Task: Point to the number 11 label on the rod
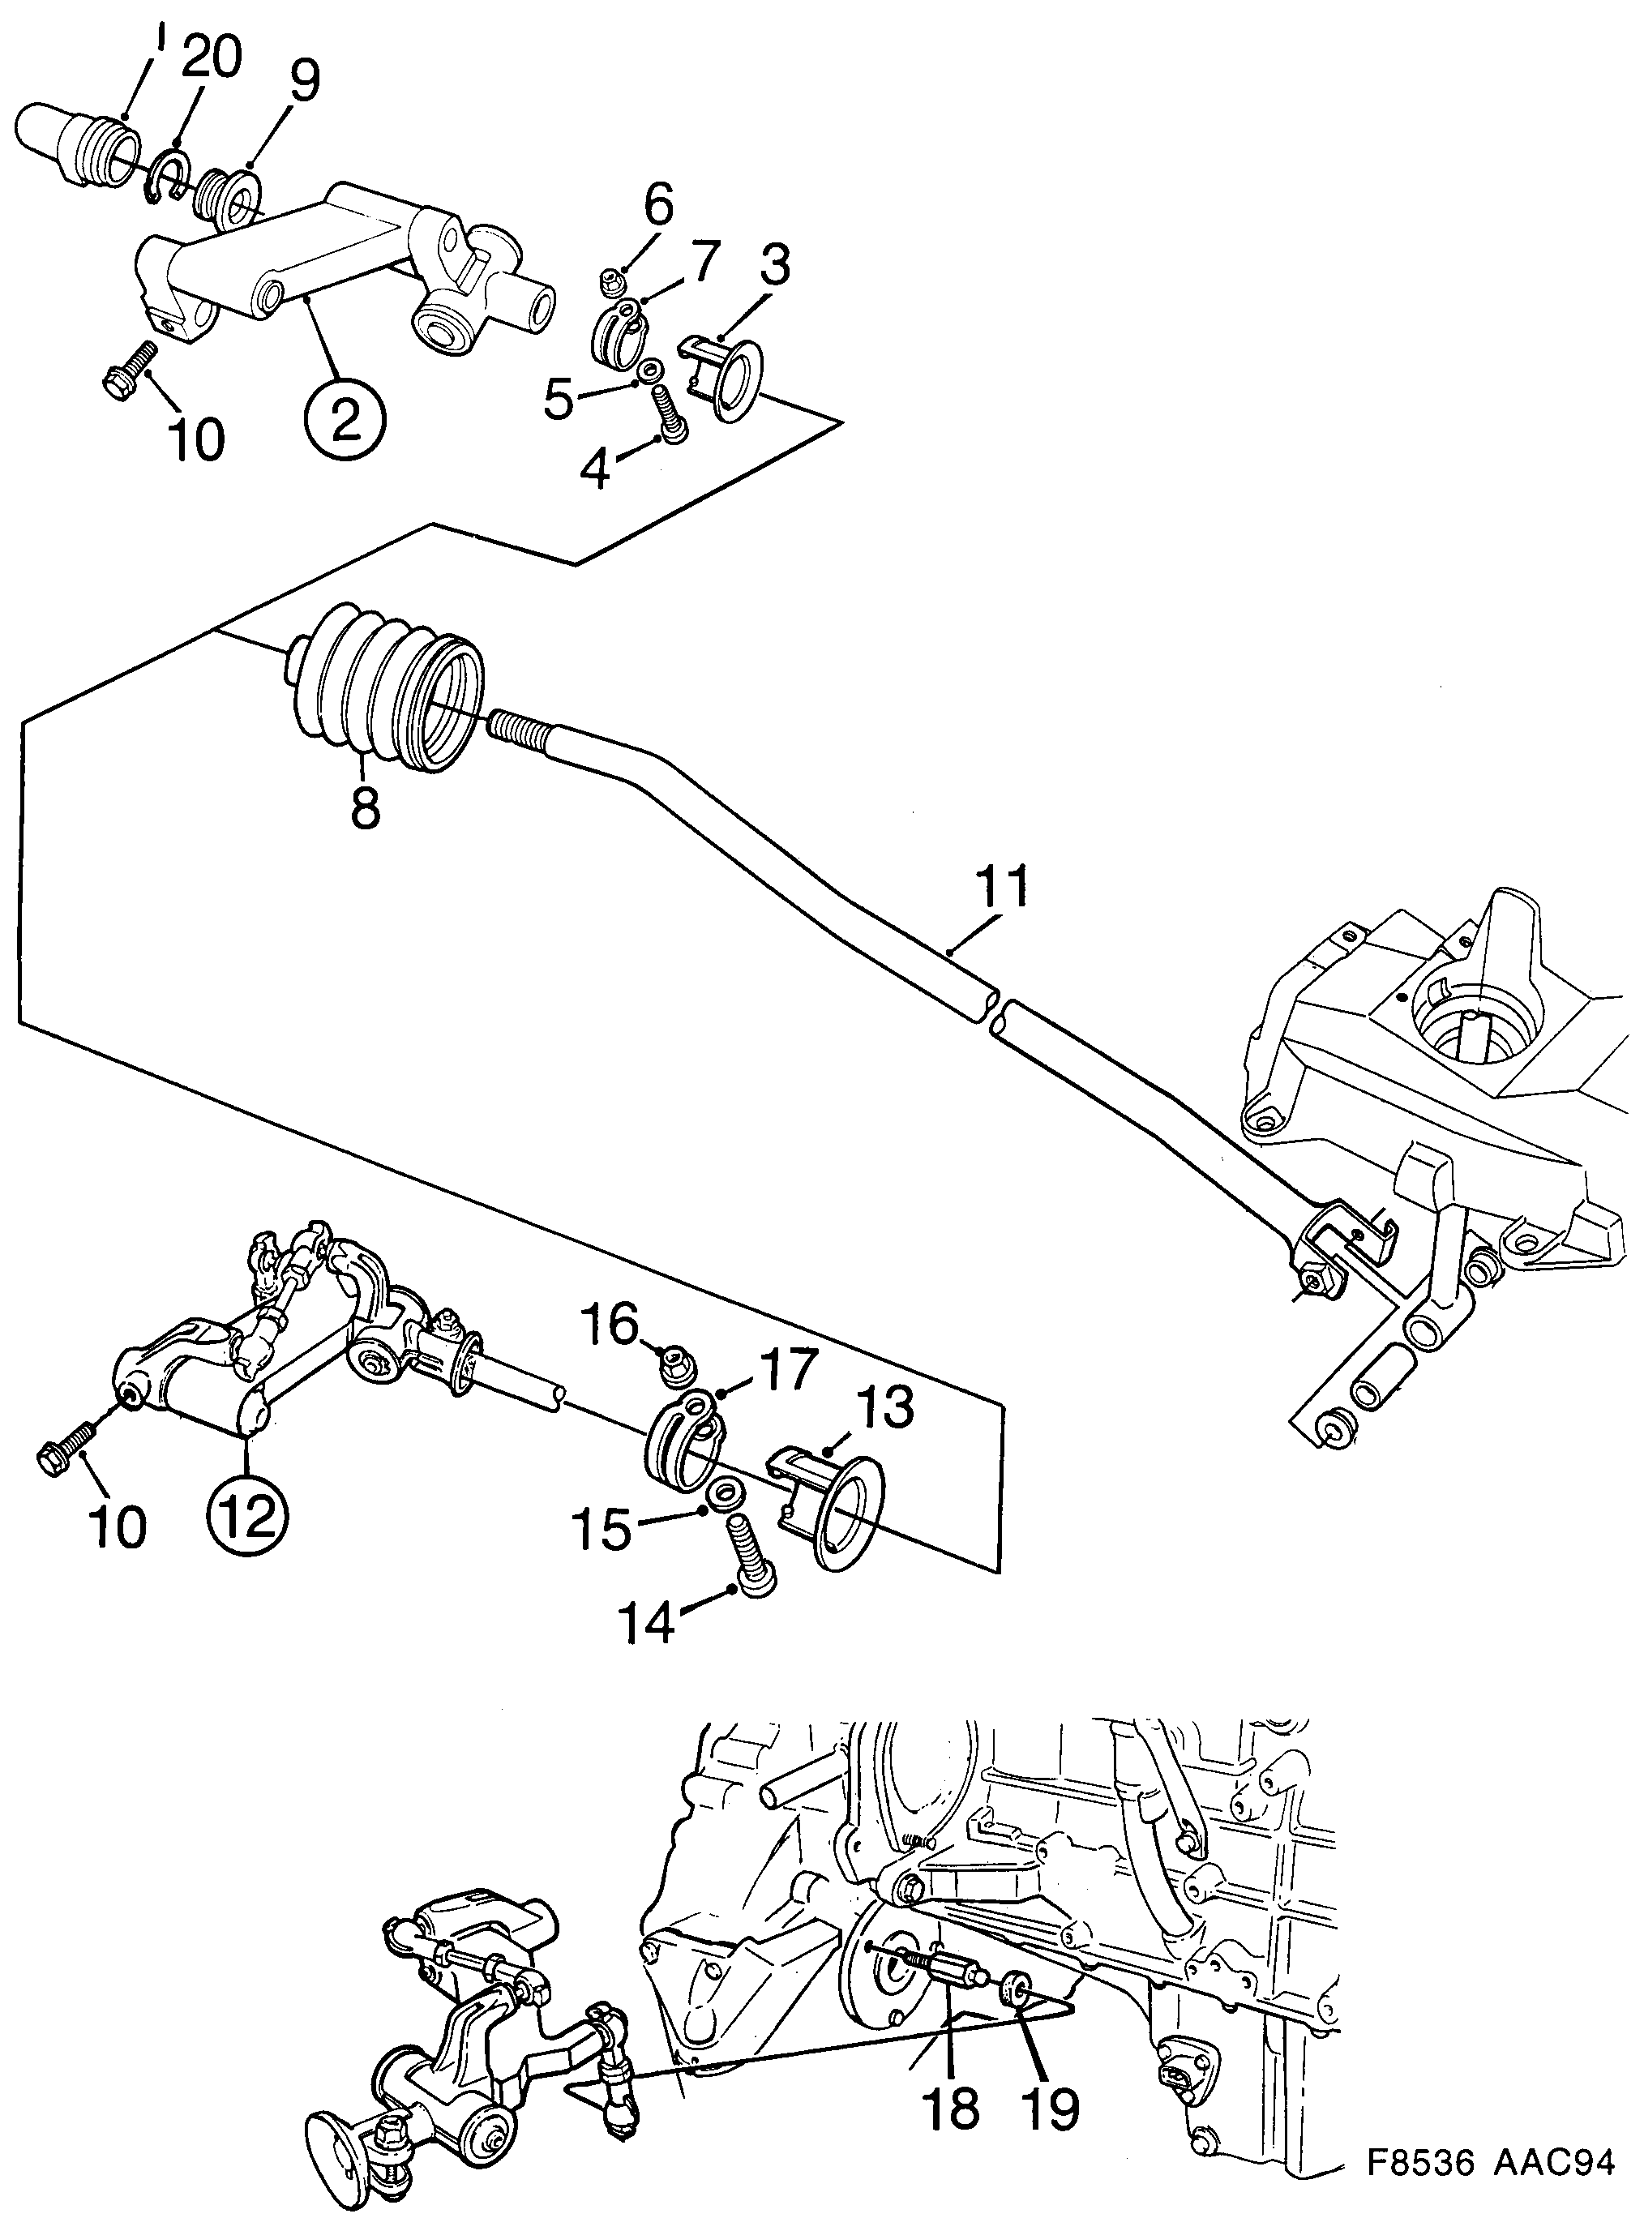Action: [x=1002, y=889]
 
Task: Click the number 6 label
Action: [x=657, y=205]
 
